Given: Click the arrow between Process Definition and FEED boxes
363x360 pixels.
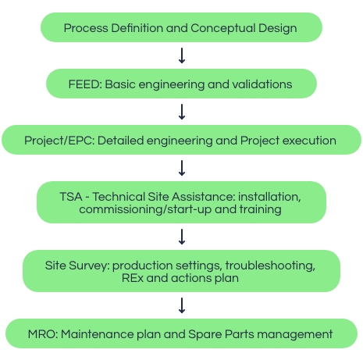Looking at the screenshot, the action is click(182, 55).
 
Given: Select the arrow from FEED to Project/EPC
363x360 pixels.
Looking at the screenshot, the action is click(182, 112).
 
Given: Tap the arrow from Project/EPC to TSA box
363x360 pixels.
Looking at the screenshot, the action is click(182, 168).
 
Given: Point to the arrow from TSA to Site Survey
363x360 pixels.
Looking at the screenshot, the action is click(182, 237).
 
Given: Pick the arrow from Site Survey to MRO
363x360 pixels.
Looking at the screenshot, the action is click(182, 305).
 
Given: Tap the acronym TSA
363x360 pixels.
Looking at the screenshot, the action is click(71, 197).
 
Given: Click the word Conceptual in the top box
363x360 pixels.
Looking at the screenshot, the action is click(222, 28).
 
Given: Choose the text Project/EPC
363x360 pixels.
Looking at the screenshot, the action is click(59, 141).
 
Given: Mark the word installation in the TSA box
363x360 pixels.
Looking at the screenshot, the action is click(269, 197).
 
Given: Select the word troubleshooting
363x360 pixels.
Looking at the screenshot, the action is click(270, 266).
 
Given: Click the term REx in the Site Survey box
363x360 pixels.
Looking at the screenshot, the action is click(133, 278).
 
